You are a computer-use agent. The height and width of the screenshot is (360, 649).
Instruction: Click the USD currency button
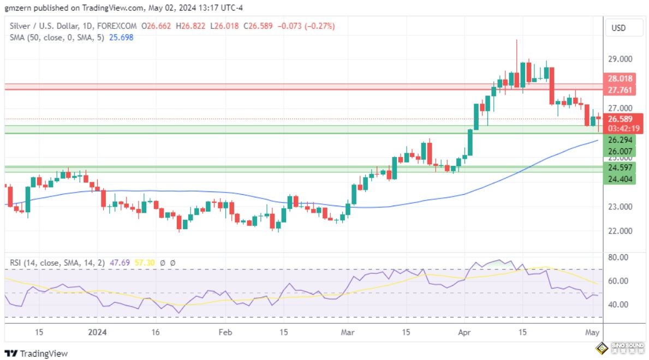pos(618,28)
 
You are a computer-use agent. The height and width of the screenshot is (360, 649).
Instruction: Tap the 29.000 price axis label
pos(621,59)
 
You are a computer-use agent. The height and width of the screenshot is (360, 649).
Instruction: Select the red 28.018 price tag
pos(620,79)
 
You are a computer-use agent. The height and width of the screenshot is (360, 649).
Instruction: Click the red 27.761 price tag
pos(620,89)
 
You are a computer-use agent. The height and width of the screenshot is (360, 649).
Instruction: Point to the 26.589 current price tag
pos(620,119)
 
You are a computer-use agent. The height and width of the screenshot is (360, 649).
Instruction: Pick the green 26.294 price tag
pos(620,140)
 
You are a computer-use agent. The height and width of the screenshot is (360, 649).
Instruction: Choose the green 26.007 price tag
pos(620,151)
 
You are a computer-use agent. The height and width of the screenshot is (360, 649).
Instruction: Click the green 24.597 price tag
pos(620,167)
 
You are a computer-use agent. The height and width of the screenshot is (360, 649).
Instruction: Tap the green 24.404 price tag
pos(620,178)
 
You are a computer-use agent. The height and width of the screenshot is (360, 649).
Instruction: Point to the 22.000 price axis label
pos(621,231)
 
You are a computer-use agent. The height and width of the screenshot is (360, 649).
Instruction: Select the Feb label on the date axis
pos(225,332)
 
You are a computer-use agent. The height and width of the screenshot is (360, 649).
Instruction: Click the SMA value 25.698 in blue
pos(121,37)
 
